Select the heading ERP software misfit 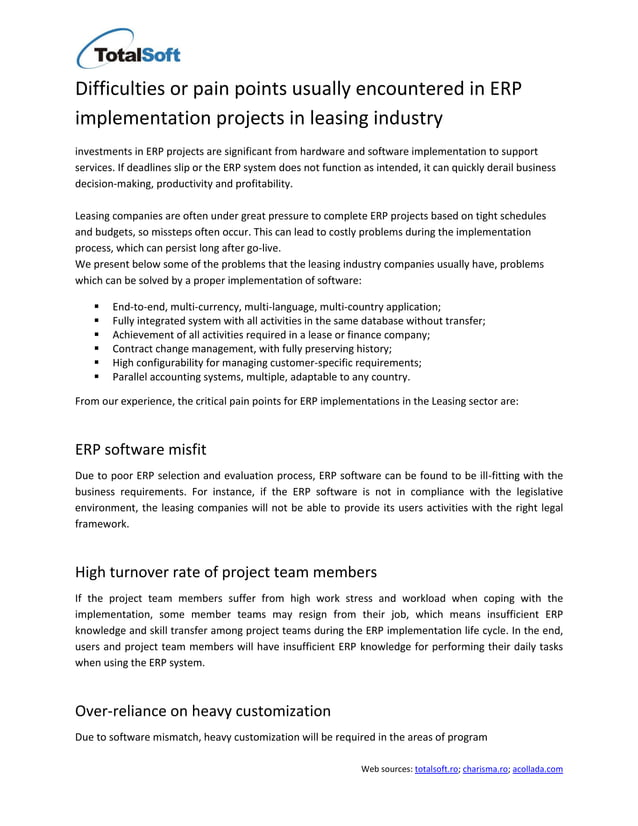141,449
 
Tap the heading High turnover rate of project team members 226,572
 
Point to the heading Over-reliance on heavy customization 203,711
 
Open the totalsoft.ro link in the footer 436,769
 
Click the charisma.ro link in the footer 485,769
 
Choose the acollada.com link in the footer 537,769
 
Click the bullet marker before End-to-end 96,306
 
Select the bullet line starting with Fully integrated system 299,320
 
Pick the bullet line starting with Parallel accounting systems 261,377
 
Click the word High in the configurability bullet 124,363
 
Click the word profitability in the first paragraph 263,184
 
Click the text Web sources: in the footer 386,769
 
